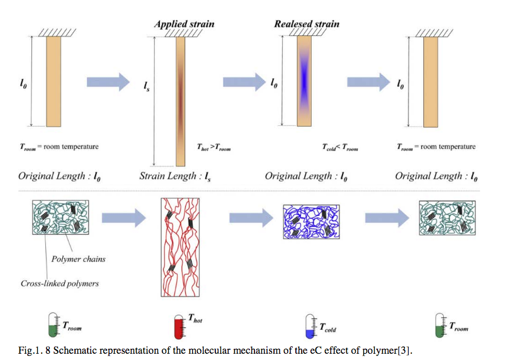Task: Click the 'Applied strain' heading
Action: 184,25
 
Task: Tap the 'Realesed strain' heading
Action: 307,25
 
